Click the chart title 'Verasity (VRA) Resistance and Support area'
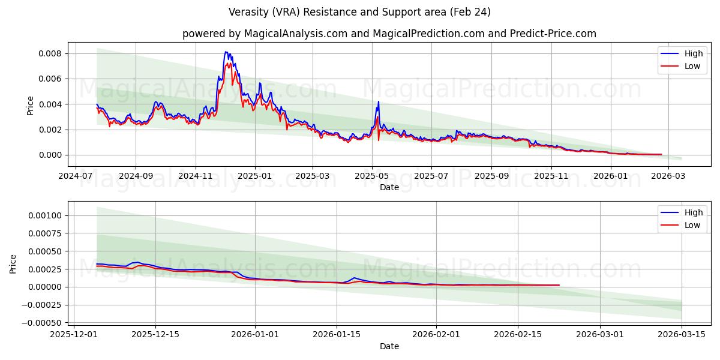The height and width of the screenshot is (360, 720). point(359,12)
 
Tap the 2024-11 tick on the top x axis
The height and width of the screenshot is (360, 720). point(196,176)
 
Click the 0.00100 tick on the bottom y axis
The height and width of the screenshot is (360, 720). point(44,215)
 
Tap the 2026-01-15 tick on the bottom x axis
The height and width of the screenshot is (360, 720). point(337,335)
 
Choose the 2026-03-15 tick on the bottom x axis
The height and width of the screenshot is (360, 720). point(682,335)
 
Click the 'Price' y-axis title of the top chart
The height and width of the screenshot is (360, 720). point(31,105)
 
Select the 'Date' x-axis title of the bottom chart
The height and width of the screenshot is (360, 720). point(389,346)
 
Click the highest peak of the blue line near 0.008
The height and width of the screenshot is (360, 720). point(226,52)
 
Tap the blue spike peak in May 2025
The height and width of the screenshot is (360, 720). point(378,101)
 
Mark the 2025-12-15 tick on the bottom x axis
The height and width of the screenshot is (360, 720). point(155,335)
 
